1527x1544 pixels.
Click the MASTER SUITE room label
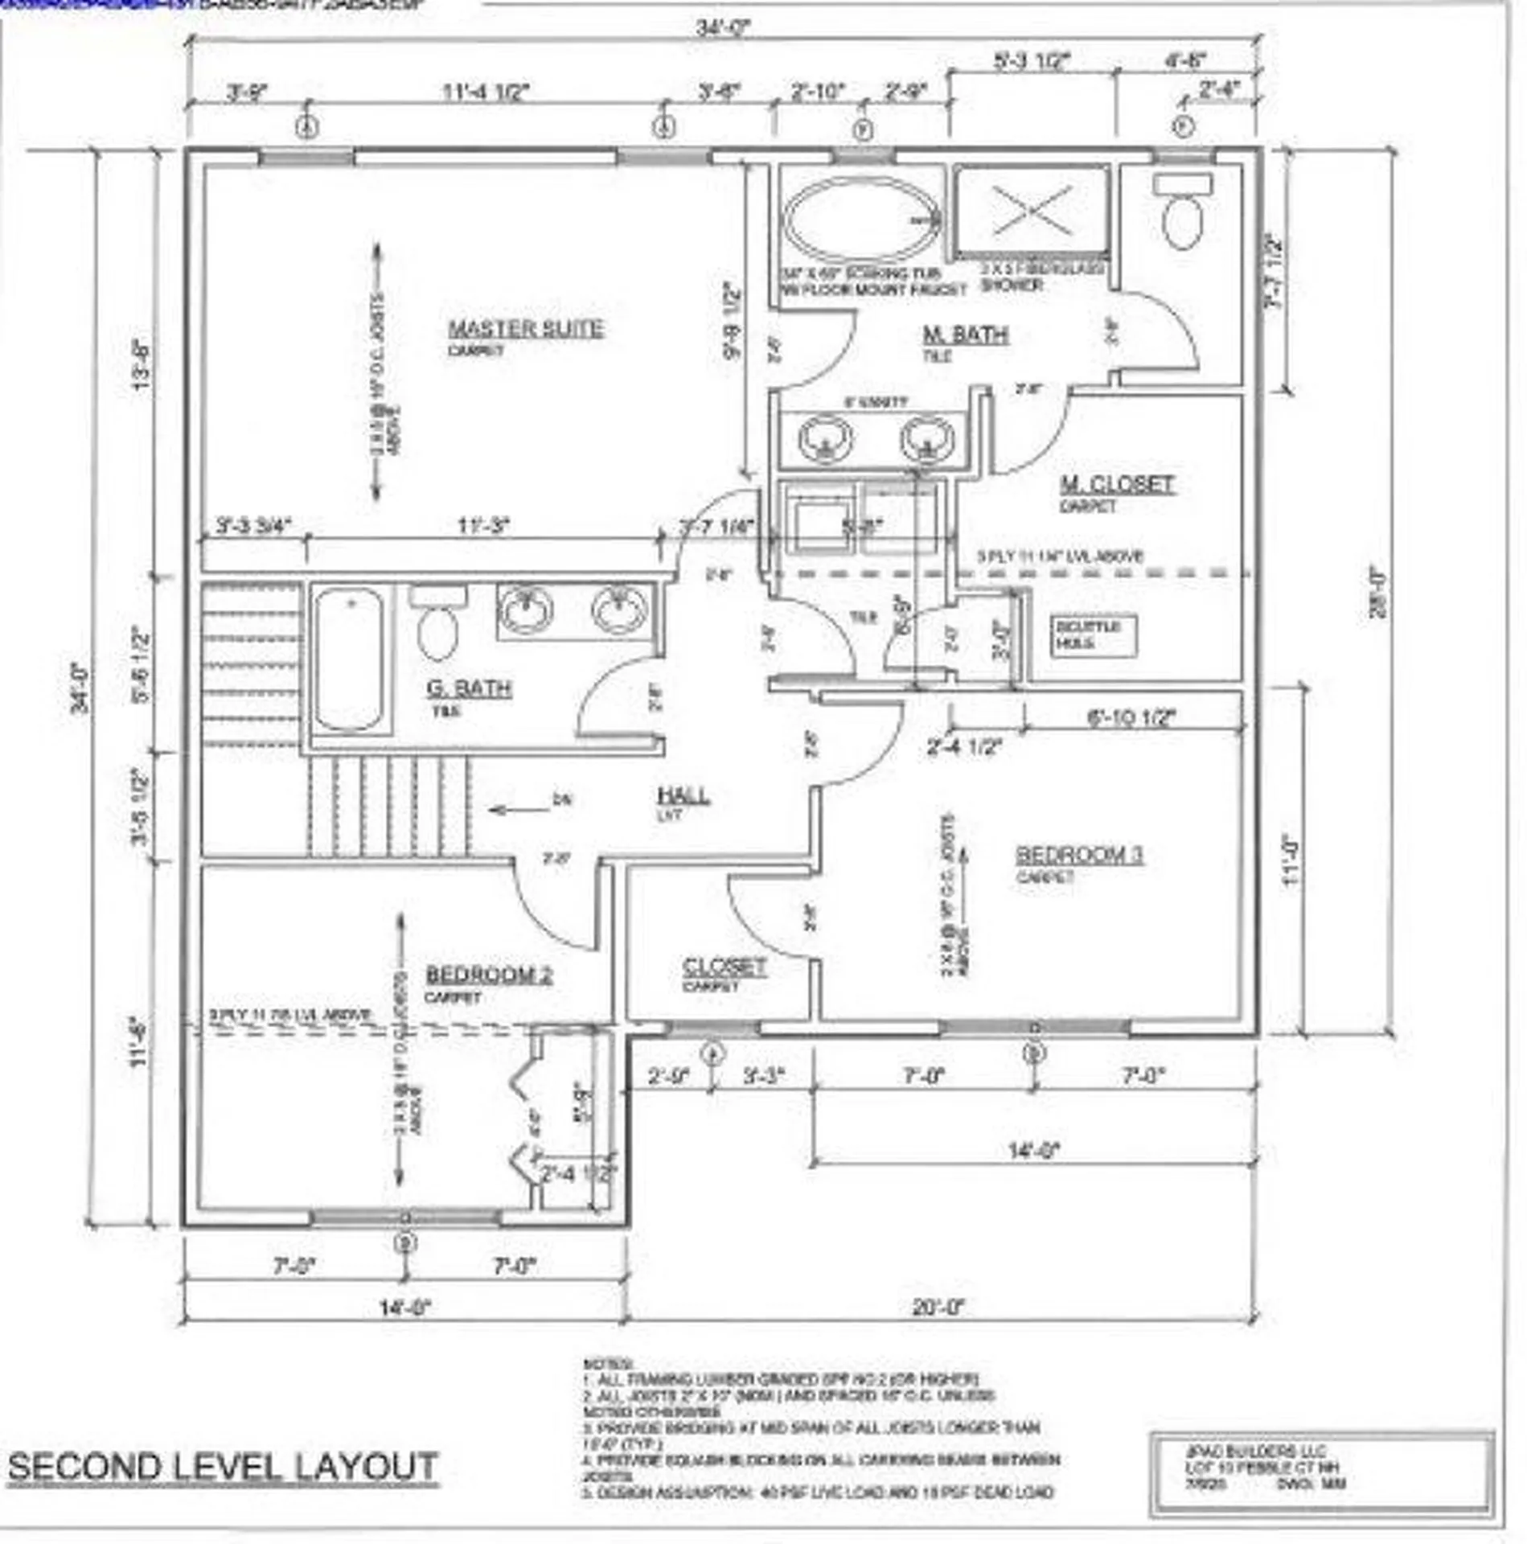point(525,329)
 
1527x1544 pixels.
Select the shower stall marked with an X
point(1032,211)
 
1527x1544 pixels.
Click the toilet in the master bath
point(1183,214)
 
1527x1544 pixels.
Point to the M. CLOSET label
point(1117,484)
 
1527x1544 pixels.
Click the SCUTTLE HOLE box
point(1094,635)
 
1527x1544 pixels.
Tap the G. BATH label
point(469,688)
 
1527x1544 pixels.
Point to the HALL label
point(683,795)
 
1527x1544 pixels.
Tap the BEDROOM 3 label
point(1079,854)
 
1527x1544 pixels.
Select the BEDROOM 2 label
point(488,975)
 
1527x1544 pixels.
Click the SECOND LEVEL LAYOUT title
point(223,1466)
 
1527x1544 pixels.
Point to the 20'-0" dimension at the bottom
point(938,1307)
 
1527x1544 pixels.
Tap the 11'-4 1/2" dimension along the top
point(486,92)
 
